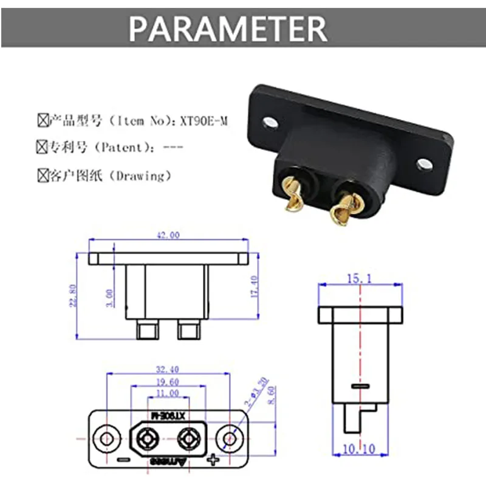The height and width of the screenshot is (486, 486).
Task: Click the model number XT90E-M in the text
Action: (x=204, y=122)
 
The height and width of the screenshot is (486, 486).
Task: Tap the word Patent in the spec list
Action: (x=122, y=148)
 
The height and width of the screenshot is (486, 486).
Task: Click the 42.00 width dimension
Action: (x=168, y=235)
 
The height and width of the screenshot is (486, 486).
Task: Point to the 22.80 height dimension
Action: (x=72, y=295)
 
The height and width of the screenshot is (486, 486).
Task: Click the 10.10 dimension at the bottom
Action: (x=360, y=449)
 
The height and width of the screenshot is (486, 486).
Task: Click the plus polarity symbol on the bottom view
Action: (x=213, y=459)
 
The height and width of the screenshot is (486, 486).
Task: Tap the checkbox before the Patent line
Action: (x=42, y=148)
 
